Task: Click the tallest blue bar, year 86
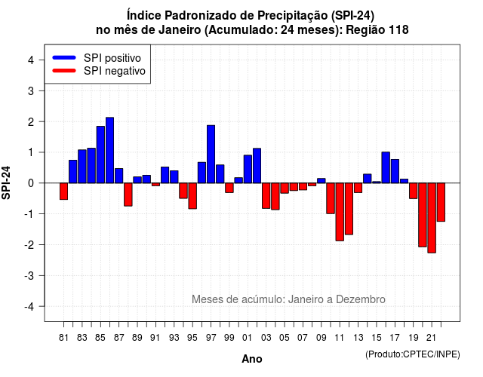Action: [109, 150]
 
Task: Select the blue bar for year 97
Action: [211, 154]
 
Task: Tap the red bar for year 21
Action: [432, 218]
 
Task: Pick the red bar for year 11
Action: [340, 212]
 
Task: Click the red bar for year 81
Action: [63, 192]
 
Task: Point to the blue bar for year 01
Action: [248, 169]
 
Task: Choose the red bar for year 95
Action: [192, 196]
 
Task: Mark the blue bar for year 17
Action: [395, 171]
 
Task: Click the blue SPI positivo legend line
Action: [64, 57]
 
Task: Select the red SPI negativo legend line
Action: [64, 71]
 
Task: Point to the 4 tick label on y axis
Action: [31, 60]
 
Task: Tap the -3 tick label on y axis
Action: [29, 276]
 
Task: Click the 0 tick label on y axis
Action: [31, 183]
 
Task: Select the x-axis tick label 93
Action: [174, 338]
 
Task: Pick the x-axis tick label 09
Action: [321, 338]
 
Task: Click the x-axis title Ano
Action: [252, 359]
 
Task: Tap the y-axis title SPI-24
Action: [6, 182]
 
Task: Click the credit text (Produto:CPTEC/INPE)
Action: [413, 354]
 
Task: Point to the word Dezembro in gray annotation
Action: [361, 299]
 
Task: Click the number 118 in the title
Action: [398, 30]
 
